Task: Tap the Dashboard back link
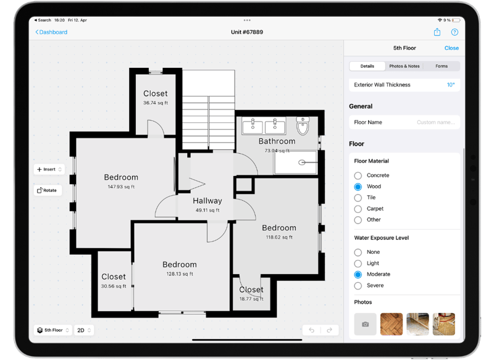coord(51,32)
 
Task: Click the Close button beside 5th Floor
coord(451,48)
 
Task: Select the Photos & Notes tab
coord(404,66)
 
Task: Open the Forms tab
coord(442,66)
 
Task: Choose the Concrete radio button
coord(358,175)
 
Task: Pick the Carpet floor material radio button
coord(358,209)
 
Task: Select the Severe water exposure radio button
coord(358,286)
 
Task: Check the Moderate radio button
coord(358,275)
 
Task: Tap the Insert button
coord(49,169)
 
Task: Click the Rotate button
coord(48,190)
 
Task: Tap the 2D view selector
coord(84,330)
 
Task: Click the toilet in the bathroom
coord(303,126)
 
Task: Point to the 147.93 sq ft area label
coord(121,186)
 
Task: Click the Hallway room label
coord(207,201)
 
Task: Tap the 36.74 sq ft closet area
coord(156,103)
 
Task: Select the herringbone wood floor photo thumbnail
coord(391,324)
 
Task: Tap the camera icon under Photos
coord(365,324)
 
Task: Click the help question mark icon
coord(454,32)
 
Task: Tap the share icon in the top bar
coord(437,32)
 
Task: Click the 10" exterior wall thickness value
coord(451,85)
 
